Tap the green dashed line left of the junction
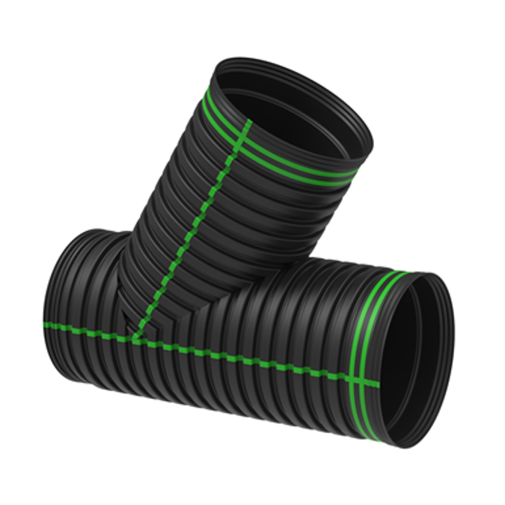click(82, 329)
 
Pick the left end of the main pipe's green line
click(46, 325)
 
